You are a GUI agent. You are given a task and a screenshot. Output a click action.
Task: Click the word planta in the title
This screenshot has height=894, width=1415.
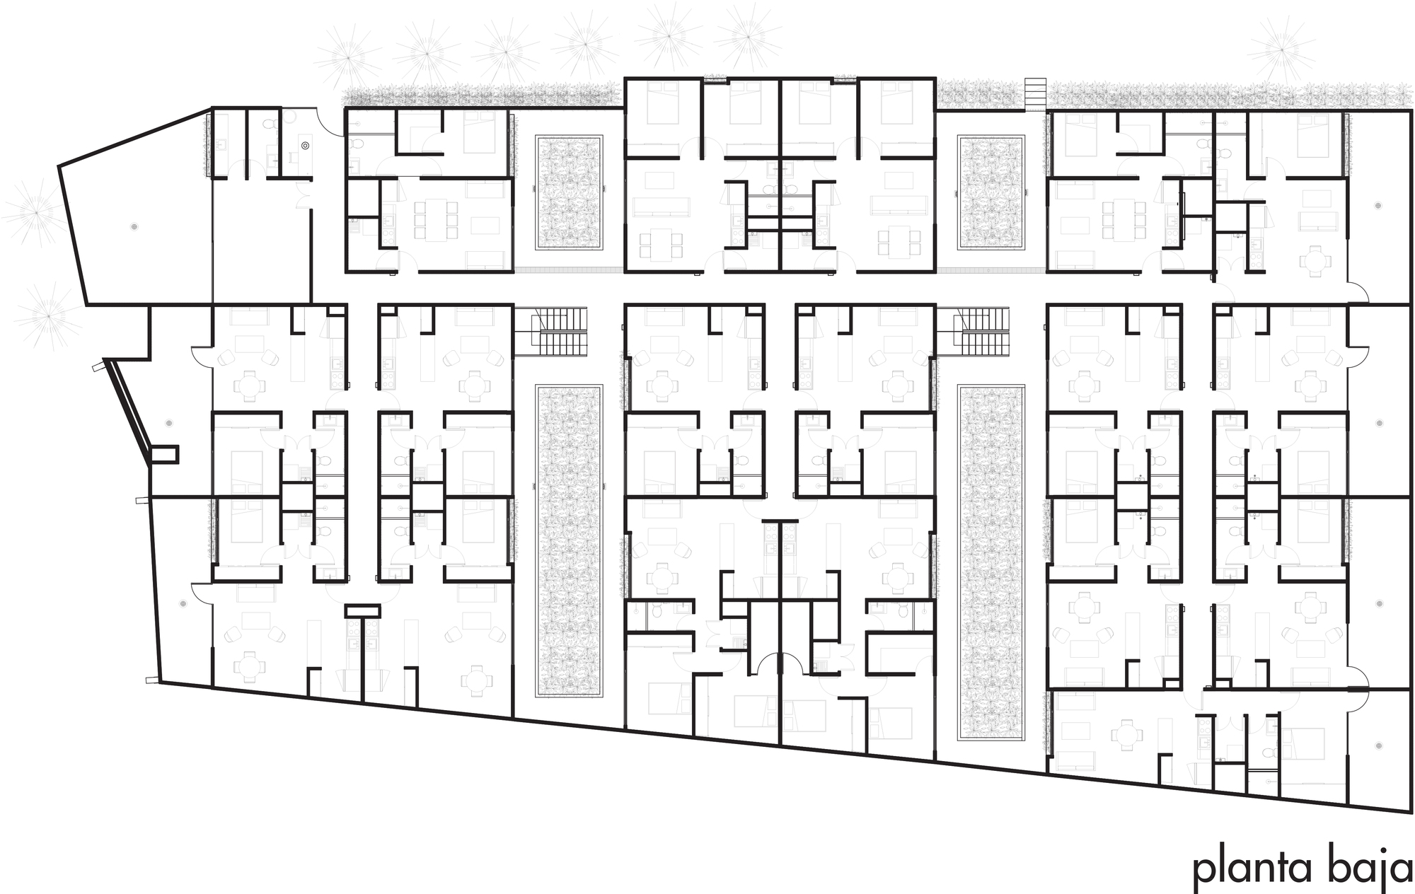coord(1252,869)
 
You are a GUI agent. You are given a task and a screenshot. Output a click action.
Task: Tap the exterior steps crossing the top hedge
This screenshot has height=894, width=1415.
coord(1034,94)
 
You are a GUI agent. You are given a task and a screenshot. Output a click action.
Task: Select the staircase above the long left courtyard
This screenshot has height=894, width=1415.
coord(551,332)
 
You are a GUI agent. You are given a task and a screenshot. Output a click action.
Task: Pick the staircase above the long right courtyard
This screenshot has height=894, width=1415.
coord(972,332)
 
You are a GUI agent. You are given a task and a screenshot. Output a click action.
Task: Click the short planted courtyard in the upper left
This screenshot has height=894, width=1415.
coord(569,193)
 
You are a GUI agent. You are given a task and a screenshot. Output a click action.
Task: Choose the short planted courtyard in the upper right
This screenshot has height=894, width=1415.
coord(991,193)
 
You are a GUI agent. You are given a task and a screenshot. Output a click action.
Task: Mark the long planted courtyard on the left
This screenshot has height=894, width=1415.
coord(569,541)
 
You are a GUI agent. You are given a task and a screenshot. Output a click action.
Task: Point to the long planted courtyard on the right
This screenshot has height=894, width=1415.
coord(991,563)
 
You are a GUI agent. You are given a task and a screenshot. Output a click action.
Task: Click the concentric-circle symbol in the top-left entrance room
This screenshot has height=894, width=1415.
coord(305,146)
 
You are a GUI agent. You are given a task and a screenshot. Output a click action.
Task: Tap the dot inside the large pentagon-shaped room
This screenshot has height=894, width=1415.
coord(134,226)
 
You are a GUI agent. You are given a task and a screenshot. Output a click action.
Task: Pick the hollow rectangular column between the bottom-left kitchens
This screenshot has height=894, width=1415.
coord(362,610)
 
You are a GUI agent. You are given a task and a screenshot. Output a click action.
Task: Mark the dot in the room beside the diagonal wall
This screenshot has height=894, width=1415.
coord(168,423)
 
